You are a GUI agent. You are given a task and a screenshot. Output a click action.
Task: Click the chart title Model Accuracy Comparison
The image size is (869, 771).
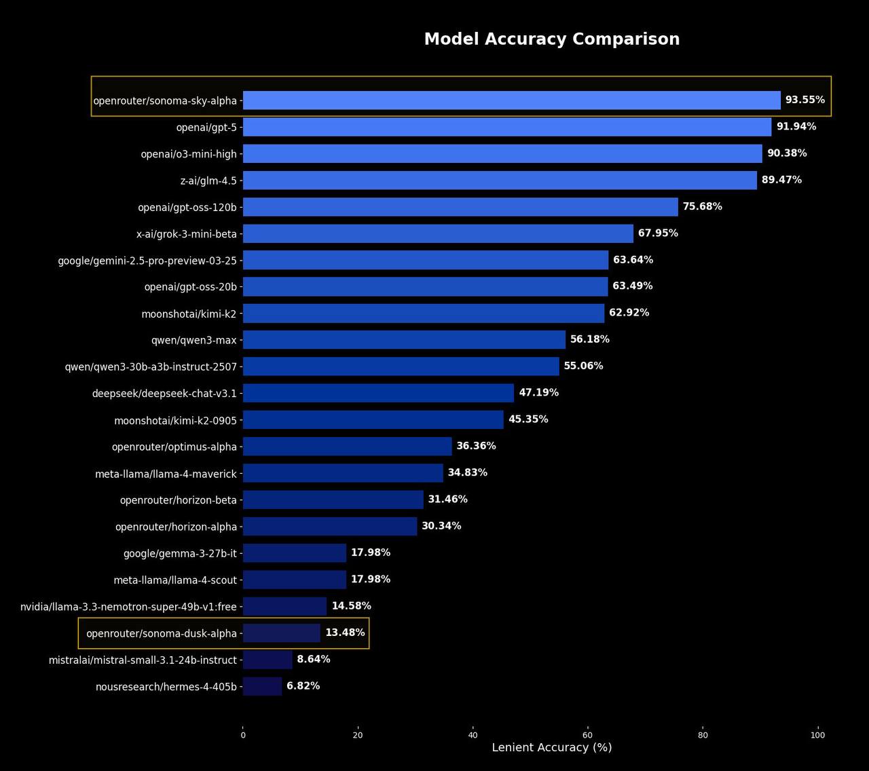pos(551,39)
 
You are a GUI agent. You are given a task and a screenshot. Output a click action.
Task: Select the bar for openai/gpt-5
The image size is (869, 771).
pos(506,127)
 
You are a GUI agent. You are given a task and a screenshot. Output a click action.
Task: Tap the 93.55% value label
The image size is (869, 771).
pos(805,100)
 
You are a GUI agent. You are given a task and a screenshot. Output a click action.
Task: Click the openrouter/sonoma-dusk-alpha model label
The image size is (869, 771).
pos(162,633)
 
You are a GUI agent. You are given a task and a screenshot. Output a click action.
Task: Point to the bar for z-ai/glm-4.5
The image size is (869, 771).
pos(500,180)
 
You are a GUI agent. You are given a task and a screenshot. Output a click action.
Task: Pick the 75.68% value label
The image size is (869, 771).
pos(702,206)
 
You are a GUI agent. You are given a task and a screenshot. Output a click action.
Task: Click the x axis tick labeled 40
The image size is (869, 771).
pos(473,735)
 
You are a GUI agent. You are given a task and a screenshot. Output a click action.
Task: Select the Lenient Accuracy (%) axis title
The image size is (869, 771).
pos(551,747)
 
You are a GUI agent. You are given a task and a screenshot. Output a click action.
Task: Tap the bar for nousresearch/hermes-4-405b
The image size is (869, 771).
pos(262,686)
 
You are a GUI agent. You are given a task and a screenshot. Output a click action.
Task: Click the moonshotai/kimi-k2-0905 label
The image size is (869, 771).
pos(175,421)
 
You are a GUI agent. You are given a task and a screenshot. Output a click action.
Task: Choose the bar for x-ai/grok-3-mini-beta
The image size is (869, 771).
pos(438,233)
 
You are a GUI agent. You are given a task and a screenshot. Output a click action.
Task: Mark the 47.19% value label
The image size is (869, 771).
pos(538,392)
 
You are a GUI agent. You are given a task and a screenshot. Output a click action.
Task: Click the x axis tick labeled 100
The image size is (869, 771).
pos(817,735)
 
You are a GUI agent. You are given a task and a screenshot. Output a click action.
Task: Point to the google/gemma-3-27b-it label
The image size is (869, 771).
pos(180,554)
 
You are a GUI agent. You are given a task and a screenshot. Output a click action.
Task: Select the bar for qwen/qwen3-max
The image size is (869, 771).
pos(404,339)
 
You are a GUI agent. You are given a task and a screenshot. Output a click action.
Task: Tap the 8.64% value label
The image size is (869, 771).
pos(313,659)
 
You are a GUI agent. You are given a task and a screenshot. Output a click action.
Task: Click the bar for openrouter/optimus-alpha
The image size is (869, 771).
pos(347,446)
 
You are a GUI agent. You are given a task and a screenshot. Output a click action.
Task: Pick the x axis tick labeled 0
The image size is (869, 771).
pos(243,735)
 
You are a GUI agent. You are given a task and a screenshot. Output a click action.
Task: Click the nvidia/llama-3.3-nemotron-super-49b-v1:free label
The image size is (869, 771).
pos(128,607)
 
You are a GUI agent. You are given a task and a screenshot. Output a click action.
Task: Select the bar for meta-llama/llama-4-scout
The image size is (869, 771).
pos(295,580)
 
